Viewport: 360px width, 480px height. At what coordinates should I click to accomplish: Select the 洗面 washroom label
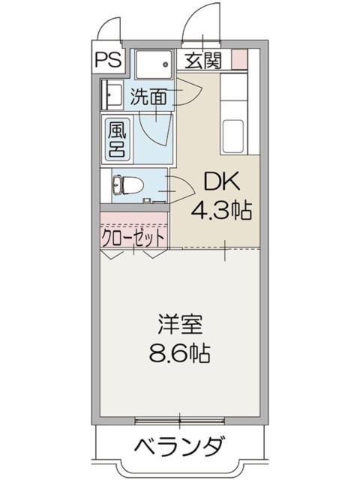(x=148, y=96)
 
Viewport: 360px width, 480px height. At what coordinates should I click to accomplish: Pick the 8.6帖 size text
(x=180, y=352)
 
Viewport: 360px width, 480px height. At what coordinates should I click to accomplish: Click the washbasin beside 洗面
(x=113, y=94)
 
